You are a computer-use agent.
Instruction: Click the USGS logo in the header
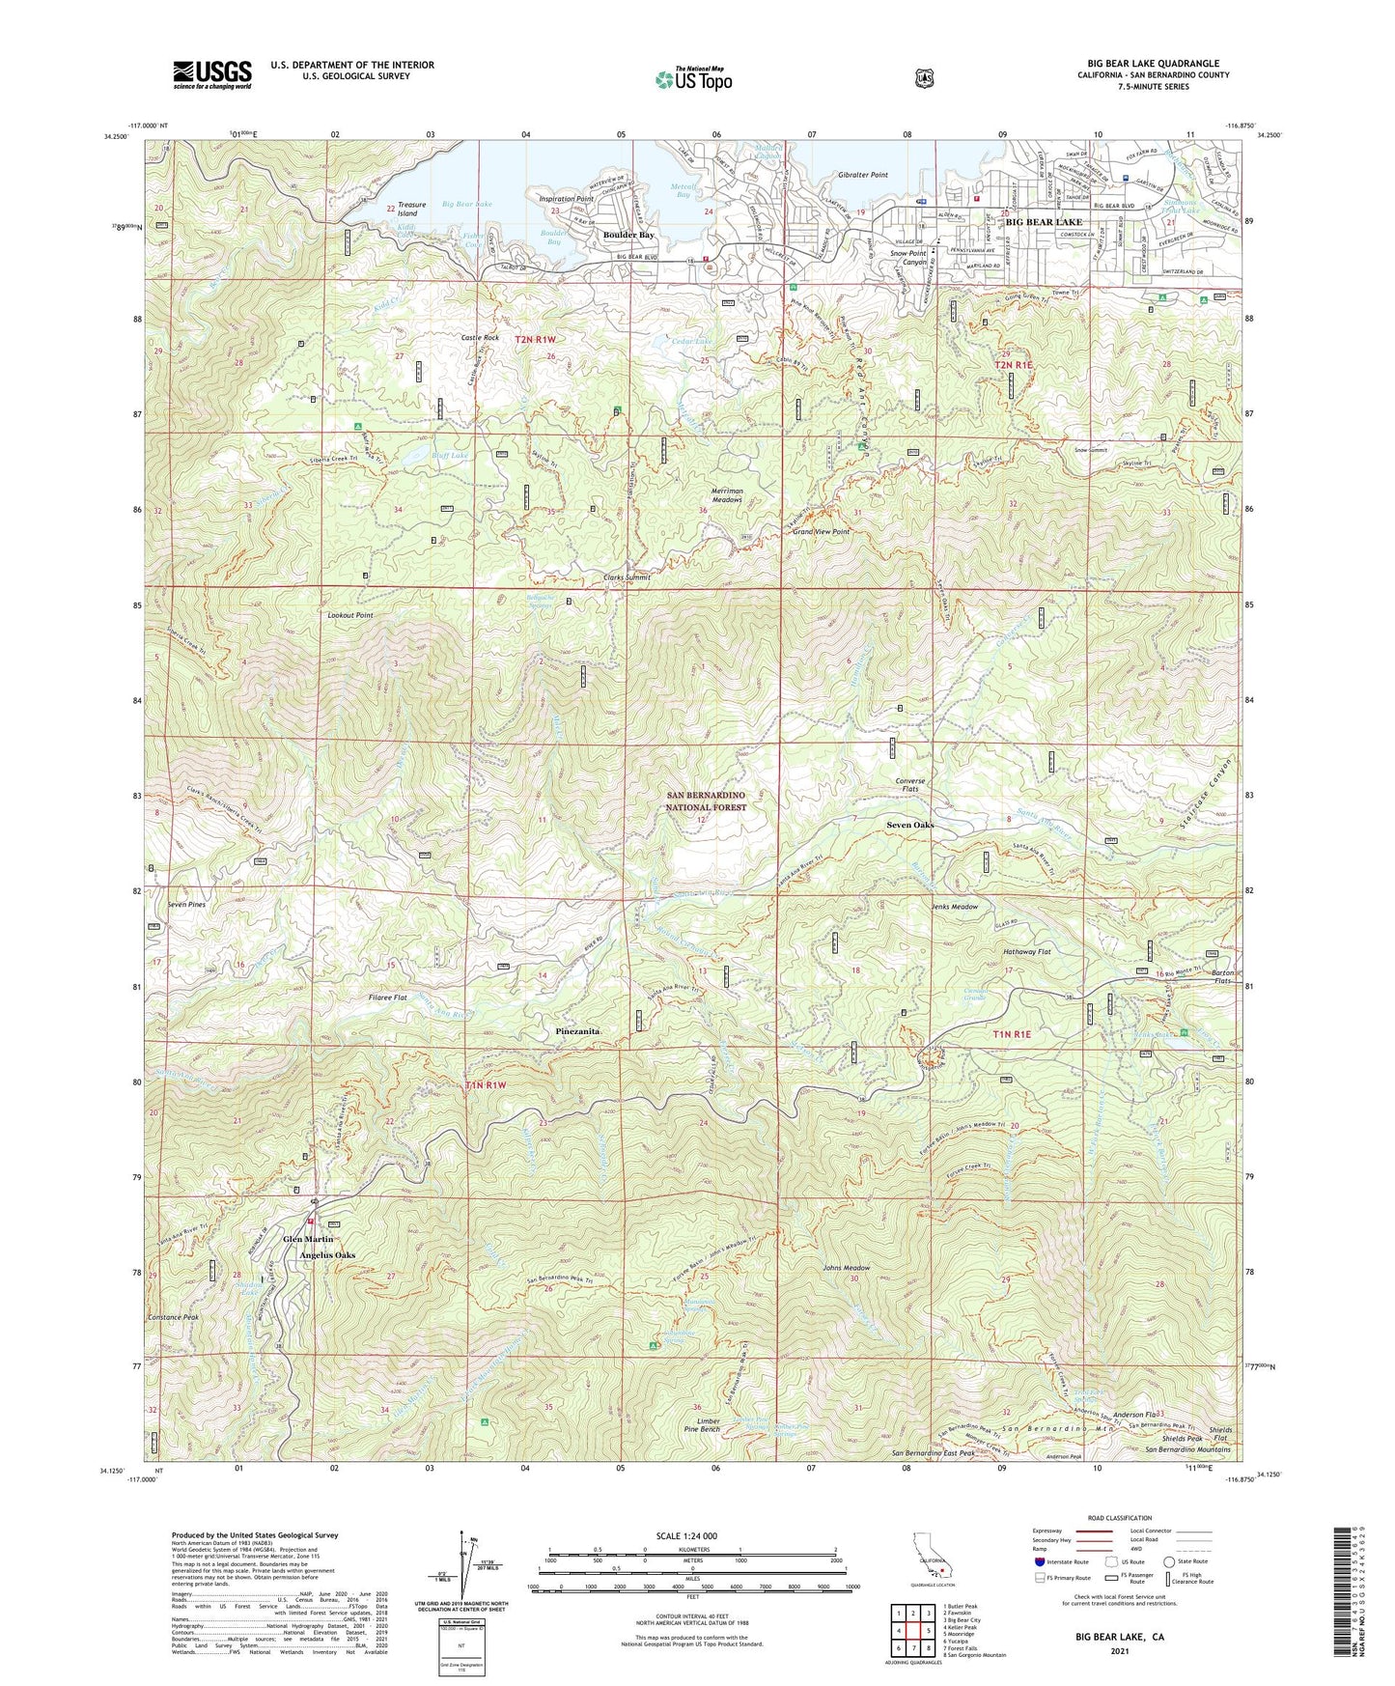click(212, 73)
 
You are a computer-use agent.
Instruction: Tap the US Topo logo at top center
click(693, 79)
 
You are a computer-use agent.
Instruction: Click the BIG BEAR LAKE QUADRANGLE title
click(1153, 64)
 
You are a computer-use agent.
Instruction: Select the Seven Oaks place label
click(909, 826)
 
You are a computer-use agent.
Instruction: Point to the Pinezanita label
click(578, 1031)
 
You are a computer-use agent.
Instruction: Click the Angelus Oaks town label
click(327, 1255)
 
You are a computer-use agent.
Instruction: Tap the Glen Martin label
click(307, 1239)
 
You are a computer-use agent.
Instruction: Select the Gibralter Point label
click(862, 175)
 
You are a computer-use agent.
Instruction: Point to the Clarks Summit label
click(627, 577)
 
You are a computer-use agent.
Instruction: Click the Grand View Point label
click(821, 532)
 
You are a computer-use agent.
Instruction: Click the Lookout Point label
click(350, 615)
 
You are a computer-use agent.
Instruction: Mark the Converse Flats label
click(909, 785)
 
